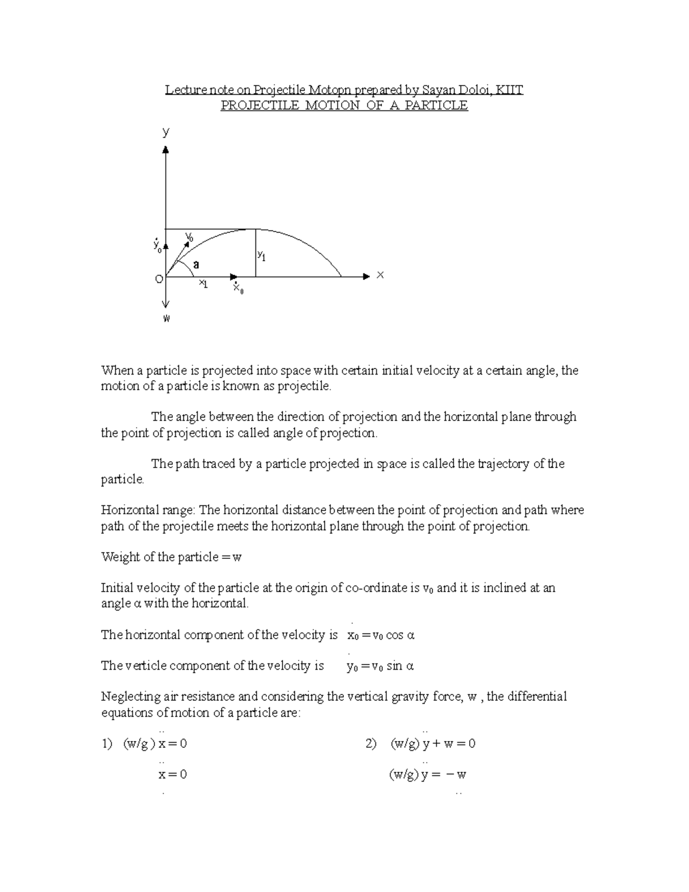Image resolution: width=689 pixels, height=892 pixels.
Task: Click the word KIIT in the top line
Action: (509, 90)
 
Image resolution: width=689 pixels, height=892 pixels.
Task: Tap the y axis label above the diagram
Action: (166, 132)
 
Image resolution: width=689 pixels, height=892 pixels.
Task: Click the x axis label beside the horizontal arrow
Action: (380, 276)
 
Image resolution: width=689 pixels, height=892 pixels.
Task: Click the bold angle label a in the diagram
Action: (196, 265)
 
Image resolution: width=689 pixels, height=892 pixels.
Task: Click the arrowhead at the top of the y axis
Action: (166, 149)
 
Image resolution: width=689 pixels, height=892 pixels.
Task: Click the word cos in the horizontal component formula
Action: (394, 635)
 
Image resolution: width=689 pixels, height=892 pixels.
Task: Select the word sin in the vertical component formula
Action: (394, 666)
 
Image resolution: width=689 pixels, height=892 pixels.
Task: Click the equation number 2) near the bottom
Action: (370, 744)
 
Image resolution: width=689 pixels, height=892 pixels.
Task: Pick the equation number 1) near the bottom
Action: (107, 744)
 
